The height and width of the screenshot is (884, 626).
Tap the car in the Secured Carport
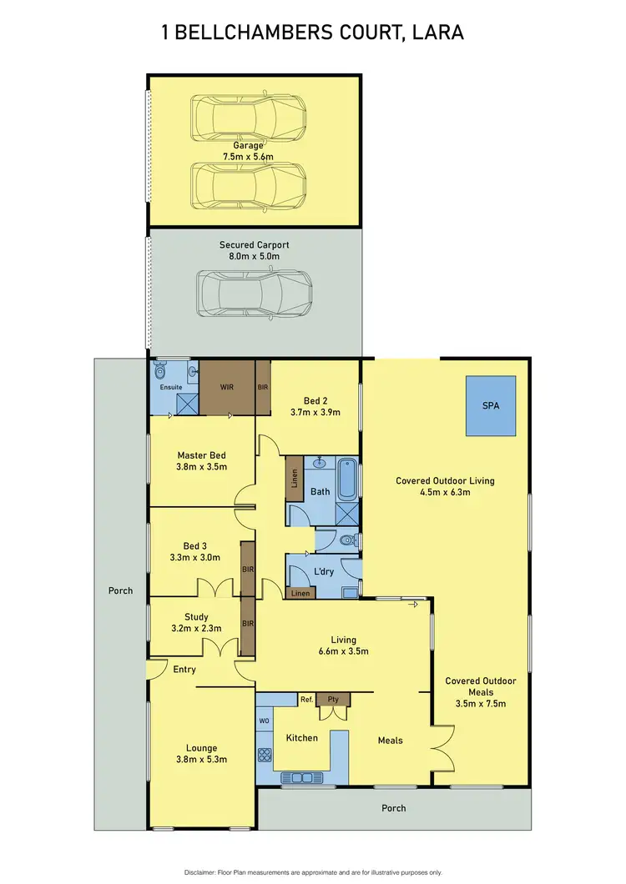pos(255,294)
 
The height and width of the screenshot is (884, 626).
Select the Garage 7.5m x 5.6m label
pos(254,150)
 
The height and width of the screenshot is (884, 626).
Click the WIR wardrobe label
pos(226,387)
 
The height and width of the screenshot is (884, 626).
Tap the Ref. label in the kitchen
pos(306,699)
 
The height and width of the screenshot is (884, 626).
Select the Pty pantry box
pos(333,700)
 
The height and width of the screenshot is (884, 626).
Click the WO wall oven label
pos(264,719)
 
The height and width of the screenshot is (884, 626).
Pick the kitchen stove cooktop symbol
pos(264,756)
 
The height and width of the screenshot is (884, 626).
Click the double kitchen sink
pos(298,778)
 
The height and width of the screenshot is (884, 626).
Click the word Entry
pos(184,669)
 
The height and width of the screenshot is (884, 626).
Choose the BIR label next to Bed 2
pos(263,387)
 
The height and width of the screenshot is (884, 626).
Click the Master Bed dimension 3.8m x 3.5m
pos(201,467)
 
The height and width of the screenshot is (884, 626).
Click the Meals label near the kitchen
pos(391,740)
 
